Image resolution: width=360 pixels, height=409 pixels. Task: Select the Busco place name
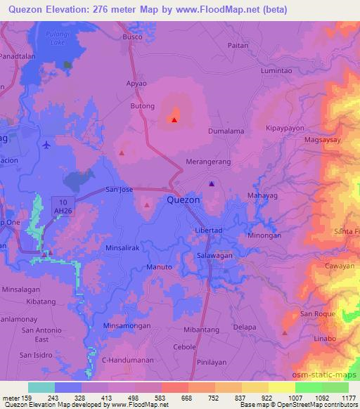pyautogui.click(x=132, y=36)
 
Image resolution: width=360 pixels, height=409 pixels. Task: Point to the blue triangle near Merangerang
pyautogui.click(x=212, y=184)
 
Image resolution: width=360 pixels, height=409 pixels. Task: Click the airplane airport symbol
pyautogui.click(x=46, y=145)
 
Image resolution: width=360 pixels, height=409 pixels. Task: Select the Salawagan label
pyautogui.click(x=214, y=257)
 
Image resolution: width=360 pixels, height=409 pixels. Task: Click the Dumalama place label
pyautogui.click(x=226, y=131)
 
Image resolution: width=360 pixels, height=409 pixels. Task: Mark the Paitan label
pyautogui.click(x=239, y=44)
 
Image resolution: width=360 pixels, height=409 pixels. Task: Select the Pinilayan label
pyautogui.click(x=213, y=365)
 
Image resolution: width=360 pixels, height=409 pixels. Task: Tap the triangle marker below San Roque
pyautogui.click(x=285, y=332)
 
